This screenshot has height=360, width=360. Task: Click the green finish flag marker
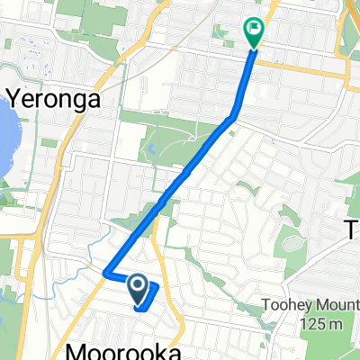pyautogui.click(x=253, y=32)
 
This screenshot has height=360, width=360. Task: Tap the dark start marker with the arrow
pyautogui.click(x=138, y=288)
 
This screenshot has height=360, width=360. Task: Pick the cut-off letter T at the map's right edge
pyautogui.click(x=352, y=231)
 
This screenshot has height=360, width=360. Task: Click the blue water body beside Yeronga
pyautogui.click(x=4, y=135)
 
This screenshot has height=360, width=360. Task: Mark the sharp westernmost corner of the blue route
pyautogui.click(x=104, y=272)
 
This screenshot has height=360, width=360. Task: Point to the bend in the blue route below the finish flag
pyautogui.click(x=236, y=115)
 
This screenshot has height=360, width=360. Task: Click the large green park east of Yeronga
pyautogui.click(x=180, y=135)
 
